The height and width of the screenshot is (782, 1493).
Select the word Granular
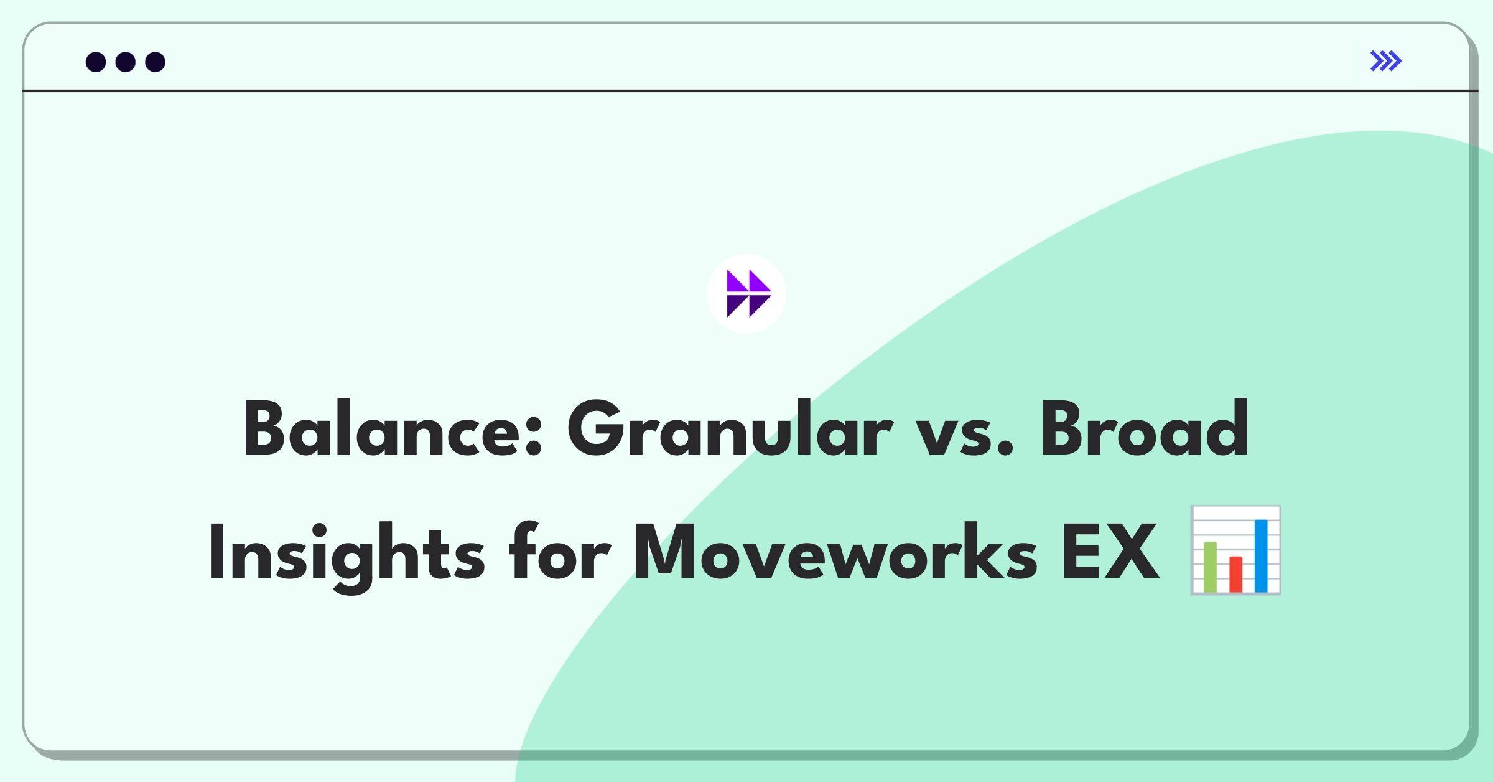pos(730,428)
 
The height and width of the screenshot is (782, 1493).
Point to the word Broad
pos(1145,428)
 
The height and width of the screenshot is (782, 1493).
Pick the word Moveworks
pos(835,552)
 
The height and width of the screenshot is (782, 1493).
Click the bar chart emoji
pos(1235,550)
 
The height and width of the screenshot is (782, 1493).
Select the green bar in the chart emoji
pos(1210,567)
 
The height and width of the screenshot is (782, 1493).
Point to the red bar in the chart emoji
pos(1235,574)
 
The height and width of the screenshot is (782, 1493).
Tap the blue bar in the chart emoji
pos(1261,556)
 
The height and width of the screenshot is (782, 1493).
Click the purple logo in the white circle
pos(749,293)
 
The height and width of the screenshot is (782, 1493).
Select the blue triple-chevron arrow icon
pos(1386,61)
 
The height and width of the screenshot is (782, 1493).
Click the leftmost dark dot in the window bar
pos(96,62)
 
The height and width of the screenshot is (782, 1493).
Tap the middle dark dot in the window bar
pos(126,62)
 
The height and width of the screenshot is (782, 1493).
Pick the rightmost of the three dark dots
pos(156,62)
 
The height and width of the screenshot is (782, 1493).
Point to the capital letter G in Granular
pos(597,428)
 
